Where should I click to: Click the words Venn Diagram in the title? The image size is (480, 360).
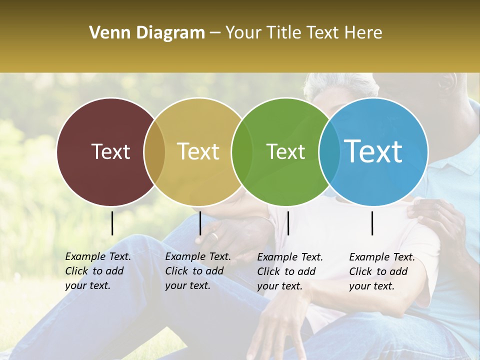tap(147, 33)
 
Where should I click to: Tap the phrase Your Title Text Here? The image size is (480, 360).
tap(303, 33)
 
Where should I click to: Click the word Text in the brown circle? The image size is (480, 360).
tap(110, 151)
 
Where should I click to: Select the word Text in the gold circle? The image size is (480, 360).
tap(198, 151)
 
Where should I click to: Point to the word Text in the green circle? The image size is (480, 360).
tap(285, 151)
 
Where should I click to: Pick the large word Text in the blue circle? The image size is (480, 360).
tap(373, 151)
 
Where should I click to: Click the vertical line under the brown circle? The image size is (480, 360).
tap(112, 223)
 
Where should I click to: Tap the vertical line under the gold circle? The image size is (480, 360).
tap(200, 223)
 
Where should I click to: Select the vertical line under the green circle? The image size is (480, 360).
tap(288, 223)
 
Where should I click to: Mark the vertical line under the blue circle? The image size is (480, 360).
tap(372, 223)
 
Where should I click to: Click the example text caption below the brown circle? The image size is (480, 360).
tap(98, 271)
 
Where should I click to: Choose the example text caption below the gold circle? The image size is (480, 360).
tap(198, 271)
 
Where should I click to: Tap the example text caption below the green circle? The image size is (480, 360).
tap(290, 271)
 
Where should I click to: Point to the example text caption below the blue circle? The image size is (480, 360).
tap(382, 271)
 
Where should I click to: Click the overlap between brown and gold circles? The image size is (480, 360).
tap(154, 151)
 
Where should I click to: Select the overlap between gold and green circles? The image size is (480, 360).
tap(241, 151)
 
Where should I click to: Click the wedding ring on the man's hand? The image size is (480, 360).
tap(214, 236)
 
